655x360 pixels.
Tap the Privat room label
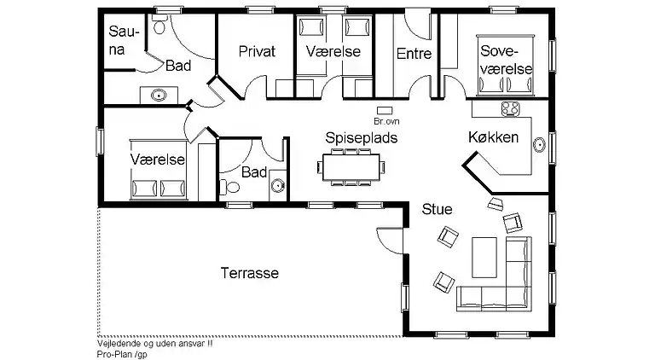point(257,51)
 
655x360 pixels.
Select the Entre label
point(414,53)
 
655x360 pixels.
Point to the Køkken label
point(494,137)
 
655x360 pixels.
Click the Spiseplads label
point(361,136)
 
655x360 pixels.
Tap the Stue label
point(436,208)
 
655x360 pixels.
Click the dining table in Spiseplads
point(351,166)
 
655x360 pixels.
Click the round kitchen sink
point(539,144)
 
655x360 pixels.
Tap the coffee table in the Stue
point(484,255)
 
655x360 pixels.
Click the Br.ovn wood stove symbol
point(385,110)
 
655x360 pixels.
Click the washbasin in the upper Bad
point(159,95)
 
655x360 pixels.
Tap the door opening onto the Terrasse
point(388,241)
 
